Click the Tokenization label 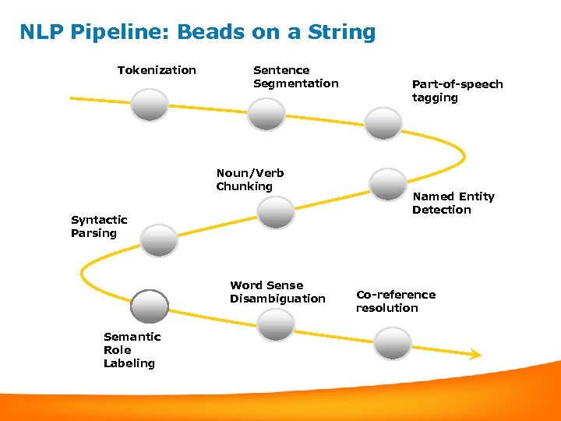coord(157,70)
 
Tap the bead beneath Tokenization coord(149,104)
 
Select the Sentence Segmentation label coord(295,76)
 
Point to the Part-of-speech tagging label coord(457,90)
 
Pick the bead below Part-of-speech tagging coord(384,123)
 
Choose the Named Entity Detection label coord(453,203)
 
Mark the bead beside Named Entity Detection coord(388,184)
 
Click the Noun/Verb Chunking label coord(250,179)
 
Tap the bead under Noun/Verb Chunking coord(276,212)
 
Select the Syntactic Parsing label coord(99,226)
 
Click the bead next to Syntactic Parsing coord(158,239)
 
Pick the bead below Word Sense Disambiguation coord(276,325)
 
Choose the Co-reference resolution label coord(396,301)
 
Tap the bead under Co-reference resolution coord(392,343)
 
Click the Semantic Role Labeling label coord(132,349)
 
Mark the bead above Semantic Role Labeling coord(150,306)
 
